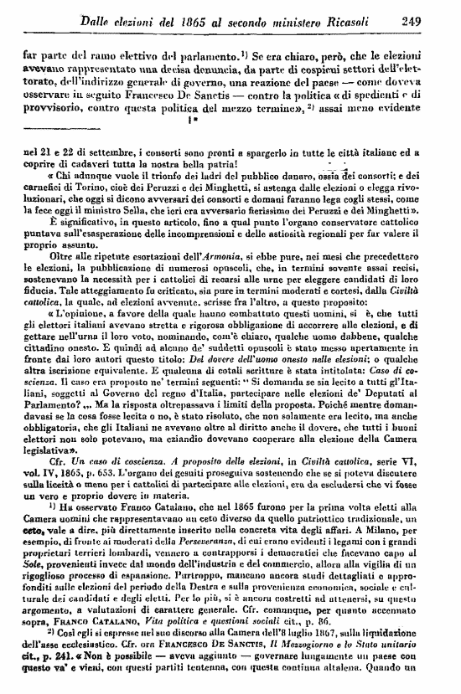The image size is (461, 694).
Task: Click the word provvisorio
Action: [x=54, y=110]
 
